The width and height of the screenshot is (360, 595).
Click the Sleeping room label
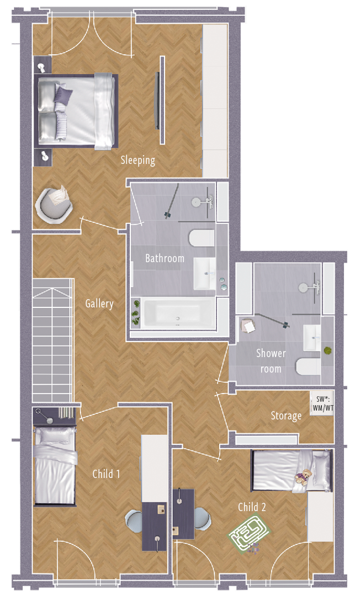(x=138, y=160)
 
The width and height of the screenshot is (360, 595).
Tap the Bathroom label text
(x=165, y=258)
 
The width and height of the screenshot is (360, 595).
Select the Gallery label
(x=99, y=304)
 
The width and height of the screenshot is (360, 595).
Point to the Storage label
(x=287, y=416)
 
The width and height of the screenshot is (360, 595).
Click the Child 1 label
(x=107, y=474)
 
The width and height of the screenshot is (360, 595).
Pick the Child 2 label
(x=252, y=507)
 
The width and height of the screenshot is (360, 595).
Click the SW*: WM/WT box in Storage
(x=323, y=404)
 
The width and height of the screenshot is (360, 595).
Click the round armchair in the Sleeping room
(x=54, y=204)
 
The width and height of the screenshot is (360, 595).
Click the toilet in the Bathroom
(x=202, y=238)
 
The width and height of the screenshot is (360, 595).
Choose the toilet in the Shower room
(x=308, y=366)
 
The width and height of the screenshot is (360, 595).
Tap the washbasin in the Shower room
(x=312, y=337)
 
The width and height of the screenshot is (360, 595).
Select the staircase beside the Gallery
(x=52, y=340)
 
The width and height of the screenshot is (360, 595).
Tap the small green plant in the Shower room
(x=327, y=350)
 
